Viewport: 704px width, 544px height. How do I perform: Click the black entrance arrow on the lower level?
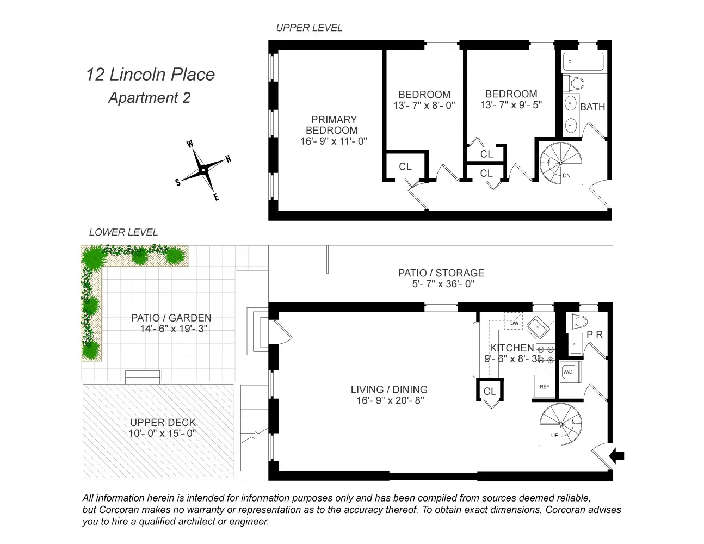click(x=617, y=456)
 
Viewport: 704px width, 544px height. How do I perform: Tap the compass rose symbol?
click(x=203, y=170)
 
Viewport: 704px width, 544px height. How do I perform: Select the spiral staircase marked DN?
click(x=560, y=163)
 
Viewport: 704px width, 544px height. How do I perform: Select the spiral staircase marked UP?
click(x=561, y=424)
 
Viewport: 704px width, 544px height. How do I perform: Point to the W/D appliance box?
click(x=568, y=372)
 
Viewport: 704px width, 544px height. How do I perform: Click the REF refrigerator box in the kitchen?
click(x=544, y=387)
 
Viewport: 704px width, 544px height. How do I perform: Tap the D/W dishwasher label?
click(x=514, y=324)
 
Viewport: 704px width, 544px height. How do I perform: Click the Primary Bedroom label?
click(x=334, y=125)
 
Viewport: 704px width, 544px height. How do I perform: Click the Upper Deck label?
click(x=163, y=422)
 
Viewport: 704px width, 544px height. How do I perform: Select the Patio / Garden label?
click(x=171, y=318)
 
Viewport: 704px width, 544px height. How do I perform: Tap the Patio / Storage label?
click(x=441, y=273)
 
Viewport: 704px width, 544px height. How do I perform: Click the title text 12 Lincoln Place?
click(x=150, y=75)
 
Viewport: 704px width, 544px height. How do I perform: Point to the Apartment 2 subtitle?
click(x=149, y=98)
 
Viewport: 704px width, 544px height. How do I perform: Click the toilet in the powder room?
click(x=575, y=322)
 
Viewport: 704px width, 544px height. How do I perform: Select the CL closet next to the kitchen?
click(x=490, y=391)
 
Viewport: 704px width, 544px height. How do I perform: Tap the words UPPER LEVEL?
click(x=309, y=28)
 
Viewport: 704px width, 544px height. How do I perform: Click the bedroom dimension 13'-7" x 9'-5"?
click(x=511, y=105)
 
